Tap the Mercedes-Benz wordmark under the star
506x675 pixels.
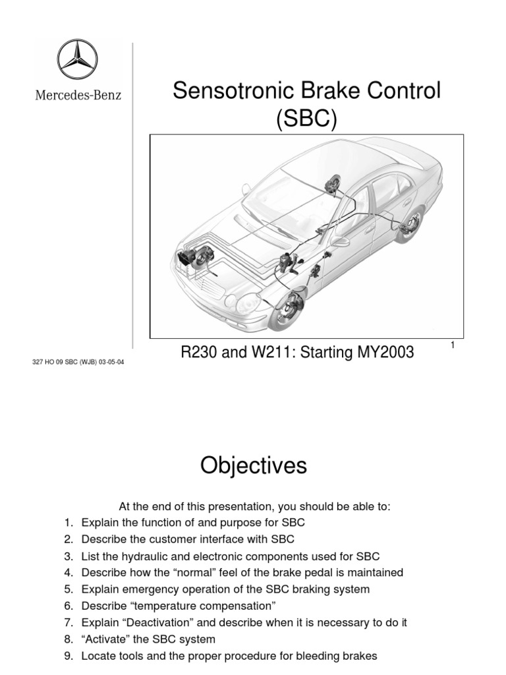(78, 95)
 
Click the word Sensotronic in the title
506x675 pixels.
(229, 92)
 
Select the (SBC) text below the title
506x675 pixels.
(306, 120)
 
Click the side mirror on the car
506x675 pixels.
(340, 242)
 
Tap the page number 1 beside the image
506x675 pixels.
(454, 345)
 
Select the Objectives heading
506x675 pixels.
(254, 466)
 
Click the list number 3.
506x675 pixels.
(68, 556)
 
